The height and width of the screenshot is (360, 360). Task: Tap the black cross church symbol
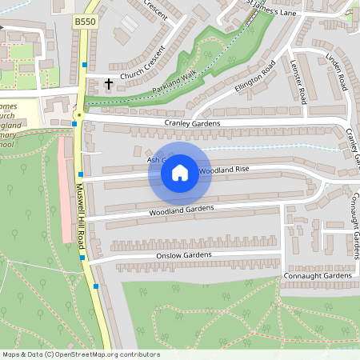[109, 83]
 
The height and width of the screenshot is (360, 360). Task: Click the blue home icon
[180, 172]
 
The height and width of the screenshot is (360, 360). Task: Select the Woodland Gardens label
[182, 210]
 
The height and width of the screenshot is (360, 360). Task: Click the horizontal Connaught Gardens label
[317, 276]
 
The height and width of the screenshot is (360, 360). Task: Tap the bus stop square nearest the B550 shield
[84, 63]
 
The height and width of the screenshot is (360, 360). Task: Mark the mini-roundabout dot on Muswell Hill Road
[78, 115]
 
